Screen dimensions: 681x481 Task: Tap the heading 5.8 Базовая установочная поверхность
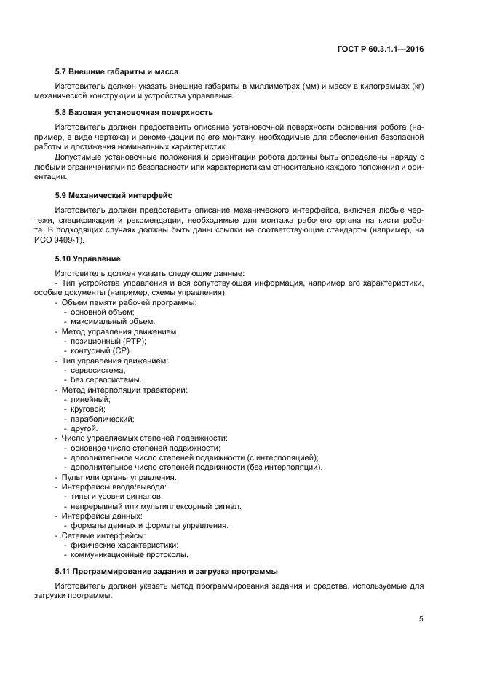pos(134,112)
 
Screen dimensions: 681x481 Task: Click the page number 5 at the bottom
pos(421,619)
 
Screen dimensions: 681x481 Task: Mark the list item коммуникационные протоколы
pos(124,554)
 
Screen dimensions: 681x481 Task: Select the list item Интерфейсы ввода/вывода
pos(114,486)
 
